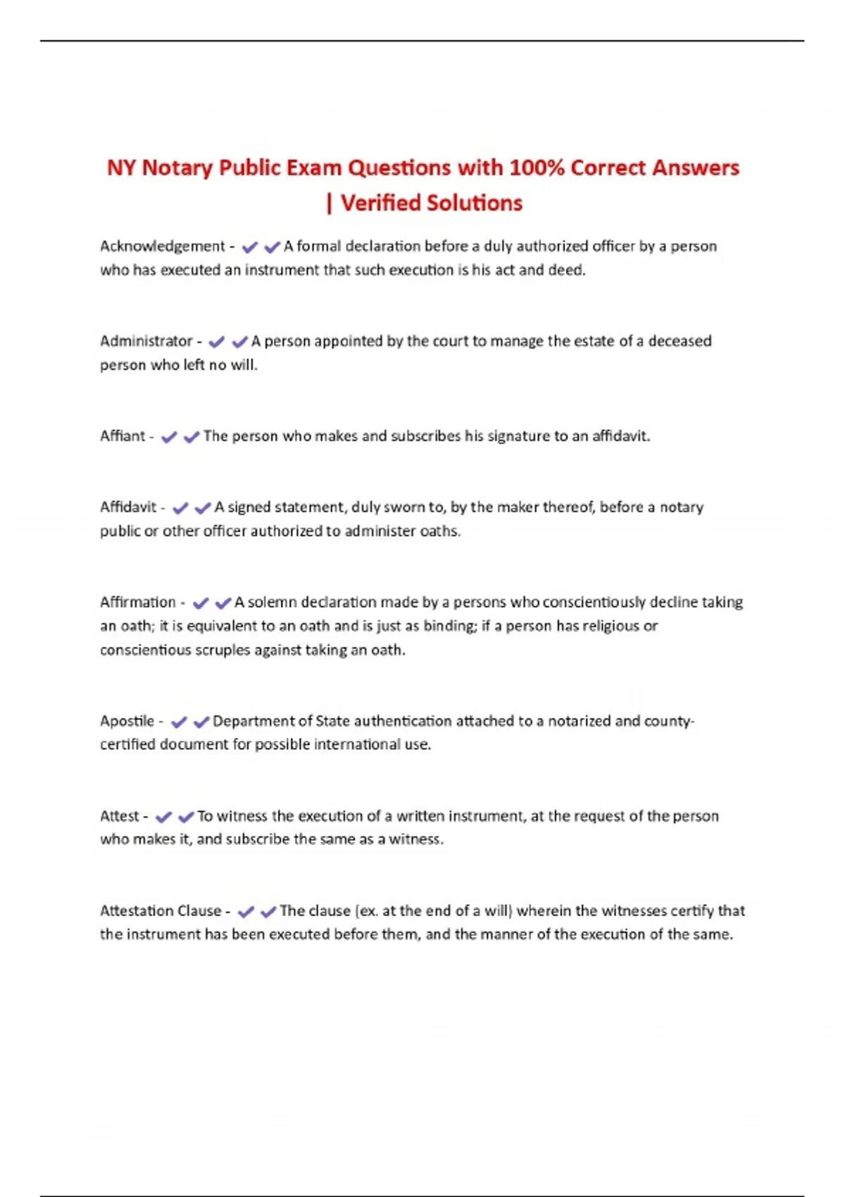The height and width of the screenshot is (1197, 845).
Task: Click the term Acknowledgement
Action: [x=162, y=246]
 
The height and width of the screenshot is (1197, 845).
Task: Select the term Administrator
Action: [x=146, y=341]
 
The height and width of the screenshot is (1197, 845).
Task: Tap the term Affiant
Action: [x=122, y=437]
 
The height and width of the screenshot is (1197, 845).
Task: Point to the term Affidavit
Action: [x=128, y=508]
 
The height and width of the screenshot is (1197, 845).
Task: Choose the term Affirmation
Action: [x=137, y=603]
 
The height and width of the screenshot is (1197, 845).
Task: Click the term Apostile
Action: [x=127, y=721]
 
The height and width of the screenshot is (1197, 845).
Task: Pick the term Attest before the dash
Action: [x=119, y=816]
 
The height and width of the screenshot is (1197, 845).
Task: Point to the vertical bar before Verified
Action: [x=329, y=203]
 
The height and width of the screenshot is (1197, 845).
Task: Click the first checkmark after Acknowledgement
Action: [x=249, y=247]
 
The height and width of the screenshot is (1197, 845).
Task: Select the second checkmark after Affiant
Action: [x=191, y=437]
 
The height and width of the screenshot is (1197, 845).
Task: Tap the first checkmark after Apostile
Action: [x=179, y=722]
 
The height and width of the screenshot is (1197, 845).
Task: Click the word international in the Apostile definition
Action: [x=357, y=744]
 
